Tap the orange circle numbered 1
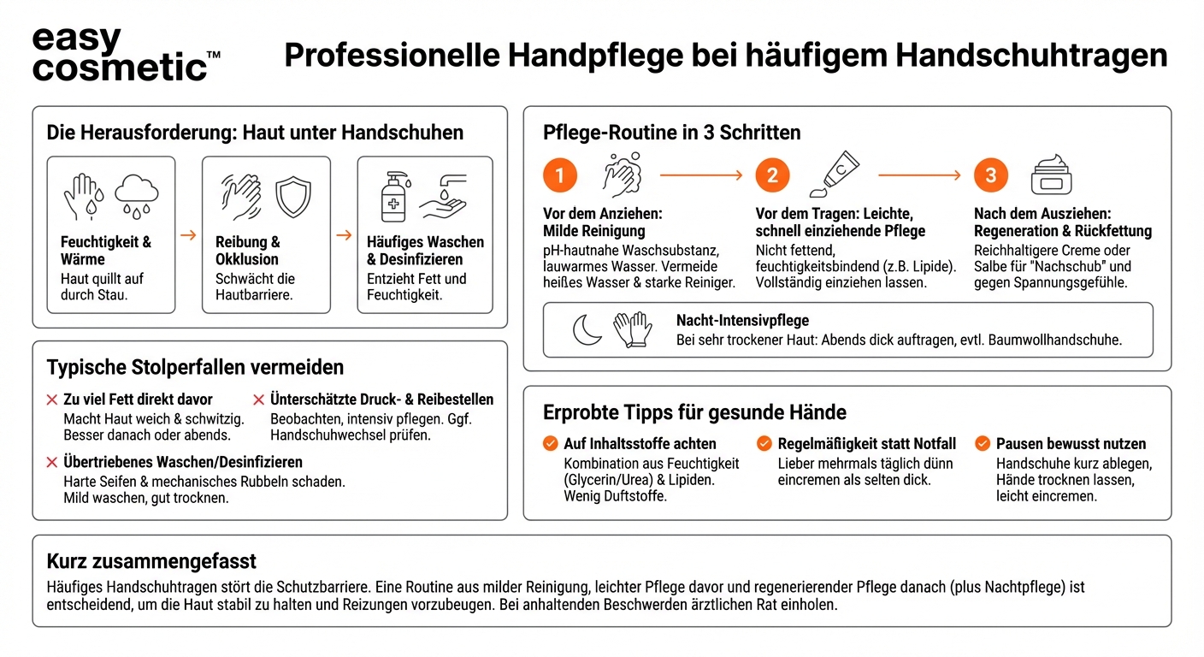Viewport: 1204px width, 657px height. [x=560, y=175]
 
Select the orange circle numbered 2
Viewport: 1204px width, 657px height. [x=772, y=175]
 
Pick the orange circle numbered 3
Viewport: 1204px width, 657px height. [x=990, y=175]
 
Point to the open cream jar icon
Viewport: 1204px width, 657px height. [x=1051, y=175]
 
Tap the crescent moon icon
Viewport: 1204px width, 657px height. [x=587, y=329]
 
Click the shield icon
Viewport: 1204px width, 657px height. [x=292, y=197]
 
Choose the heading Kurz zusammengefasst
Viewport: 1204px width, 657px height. [x=151, y=562]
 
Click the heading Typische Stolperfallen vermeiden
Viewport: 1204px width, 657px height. [x=195, y=368]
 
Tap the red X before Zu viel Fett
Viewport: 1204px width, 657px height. [x=52, y=400]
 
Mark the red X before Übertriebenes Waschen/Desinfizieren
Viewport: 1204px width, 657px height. [x=52, y=463]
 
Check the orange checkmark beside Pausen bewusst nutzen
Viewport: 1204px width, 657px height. [x=983, y=443]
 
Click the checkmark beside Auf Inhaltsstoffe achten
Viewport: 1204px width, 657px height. [x=551, y=443]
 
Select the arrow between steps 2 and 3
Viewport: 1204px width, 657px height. [x=919, y=175]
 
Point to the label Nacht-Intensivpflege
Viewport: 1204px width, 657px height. [x=742, y=321]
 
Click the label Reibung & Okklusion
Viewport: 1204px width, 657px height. [x=248, y=251]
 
